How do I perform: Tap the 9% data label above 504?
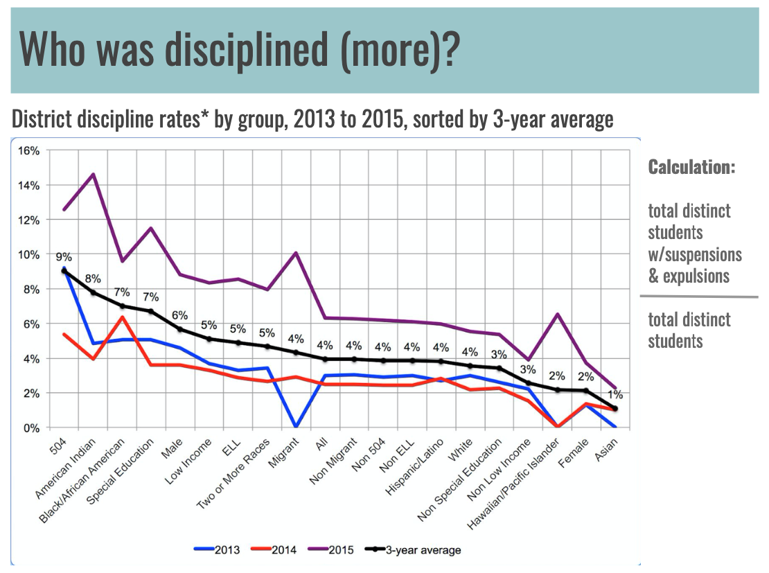point(64,257)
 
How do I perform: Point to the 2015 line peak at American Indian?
point(94,174)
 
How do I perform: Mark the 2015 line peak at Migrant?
point(297,252)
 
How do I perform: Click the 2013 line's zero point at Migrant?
point(297,427)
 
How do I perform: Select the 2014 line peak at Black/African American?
point(123,317)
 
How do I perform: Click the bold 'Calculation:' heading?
point(691,168)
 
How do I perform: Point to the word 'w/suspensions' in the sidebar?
point(695,254)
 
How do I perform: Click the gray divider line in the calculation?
point(698,297)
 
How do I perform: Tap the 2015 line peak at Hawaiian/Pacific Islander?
point(558,314)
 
